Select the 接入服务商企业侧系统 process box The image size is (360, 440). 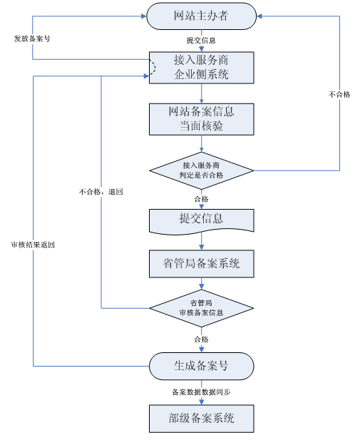point(201,67)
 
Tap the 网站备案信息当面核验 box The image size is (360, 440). point(201,119)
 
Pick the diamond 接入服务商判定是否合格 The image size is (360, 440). point(201,170)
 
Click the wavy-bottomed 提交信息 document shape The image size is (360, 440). point(201,219)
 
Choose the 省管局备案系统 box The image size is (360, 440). point(201,263)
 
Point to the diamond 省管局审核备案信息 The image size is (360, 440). point(201,308)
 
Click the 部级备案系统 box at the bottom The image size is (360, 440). point(201,418)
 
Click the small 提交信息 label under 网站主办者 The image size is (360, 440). point(201,40)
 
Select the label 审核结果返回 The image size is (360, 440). point(34,245)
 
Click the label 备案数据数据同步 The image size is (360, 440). point(201,392)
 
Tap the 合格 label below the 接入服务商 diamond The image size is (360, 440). point(201,199)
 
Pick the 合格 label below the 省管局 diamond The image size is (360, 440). point(201,339)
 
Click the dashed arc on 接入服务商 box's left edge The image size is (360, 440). point(151,67)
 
